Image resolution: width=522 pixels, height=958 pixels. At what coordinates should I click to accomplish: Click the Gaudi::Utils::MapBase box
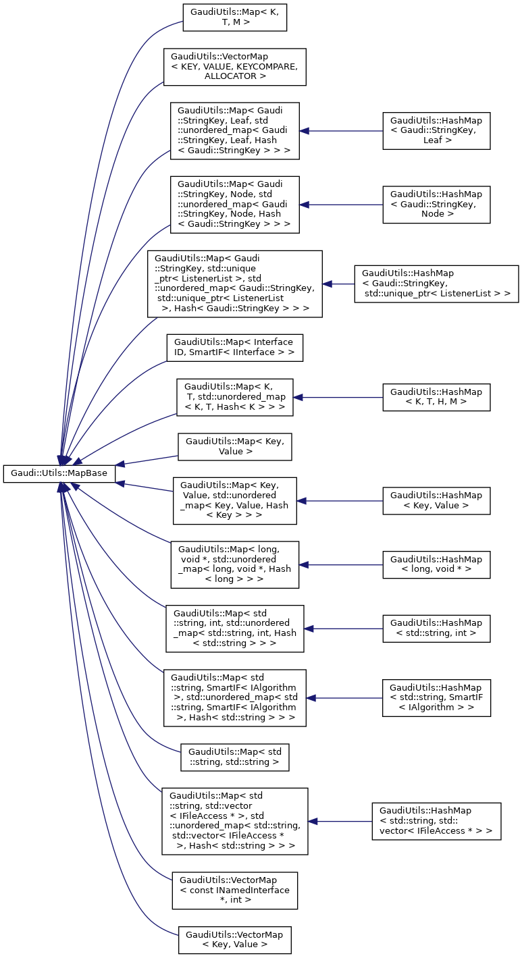click(x=59, y=473)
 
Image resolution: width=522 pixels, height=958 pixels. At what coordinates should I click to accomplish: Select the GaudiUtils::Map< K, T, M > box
click(x=235, y=17)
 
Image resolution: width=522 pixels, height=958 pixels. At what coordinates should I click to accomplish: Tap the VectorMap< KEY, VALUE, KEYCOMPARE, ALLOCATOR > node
click(x=234, y=66)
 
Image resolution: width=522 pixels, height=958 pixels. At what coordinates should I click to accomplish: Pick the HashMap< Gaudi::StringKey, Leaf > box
click(x=436, y=131)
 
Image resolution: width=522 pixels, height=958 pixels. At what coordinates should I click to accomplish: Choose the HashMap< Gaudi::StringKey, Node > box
click(x=436, y=204)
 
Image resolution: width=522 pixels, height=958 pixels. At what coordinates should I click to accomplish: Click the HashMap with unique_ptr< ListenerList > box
click(x=436, y=284)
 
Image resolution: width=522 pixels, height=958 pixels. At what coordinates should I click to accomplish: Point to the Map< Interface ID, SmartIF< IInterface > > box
click(x=235, y=348)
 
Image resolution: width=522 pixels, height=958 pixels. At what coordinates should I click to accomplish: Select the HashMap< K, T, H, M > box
click(x=436, y=398)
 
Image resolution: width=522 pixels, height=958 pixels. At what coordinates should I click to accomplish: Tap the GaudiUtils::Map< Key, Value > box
click(x=234, y=447)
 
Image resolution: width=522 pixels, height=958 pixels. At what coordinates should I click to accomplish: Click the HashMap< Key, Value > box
click(x=436, y=501)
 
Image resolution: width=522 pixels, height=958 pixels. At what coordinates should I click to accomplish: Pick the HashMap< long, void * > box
click(x=436, y=564)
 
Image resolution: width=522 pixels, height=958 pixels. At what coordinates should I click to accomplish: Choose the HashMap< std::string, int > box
click(x=436, y=629)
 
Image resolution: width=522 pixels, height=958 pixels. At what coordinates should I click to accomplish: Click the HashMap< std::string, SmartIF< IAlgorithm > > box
click(x=436, y=698)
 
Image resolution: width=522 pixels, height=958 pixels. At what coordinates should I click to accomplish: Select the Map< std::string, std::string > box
click(x=234, y=757)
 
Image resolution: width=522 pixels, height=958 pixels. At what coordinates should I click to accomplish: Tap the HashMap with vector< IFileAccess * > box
click(x=436, y=821)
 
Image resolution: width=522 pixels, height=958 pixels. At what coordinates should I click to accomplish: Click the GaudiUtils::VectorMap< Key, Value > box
click(x=234, y=940)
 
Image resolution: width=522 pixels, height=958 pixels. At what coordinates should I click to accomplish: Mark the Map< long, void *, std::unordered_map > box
click(x=234, y=564)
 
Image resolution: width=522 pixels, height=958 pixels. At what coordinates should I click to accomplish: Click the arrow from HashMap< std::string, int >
click(x=343, y=629)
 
